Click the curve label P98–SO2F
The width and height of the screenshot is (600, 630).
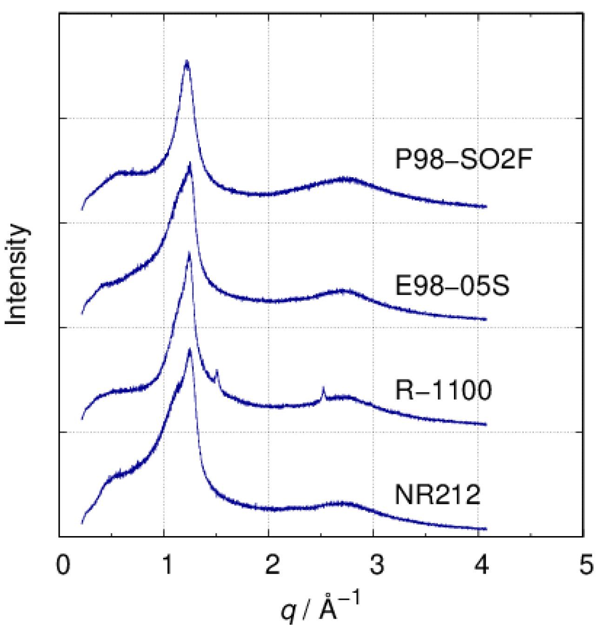coord(463,159)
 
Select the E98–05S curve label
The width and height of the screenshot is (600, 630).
coord(452,285)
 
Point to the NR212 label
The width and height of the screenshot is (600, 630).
coord(437,495)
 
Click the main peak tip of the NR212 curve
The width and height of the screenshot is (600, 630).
coord(190,349)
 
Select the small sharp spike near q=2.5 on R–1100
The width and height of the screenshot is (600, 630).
coord(323,388)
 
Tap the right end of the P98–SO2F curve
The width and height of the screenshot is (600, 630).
coord(486,206)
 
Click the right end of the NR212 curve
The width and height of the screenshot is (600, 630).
coord(486,529)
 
